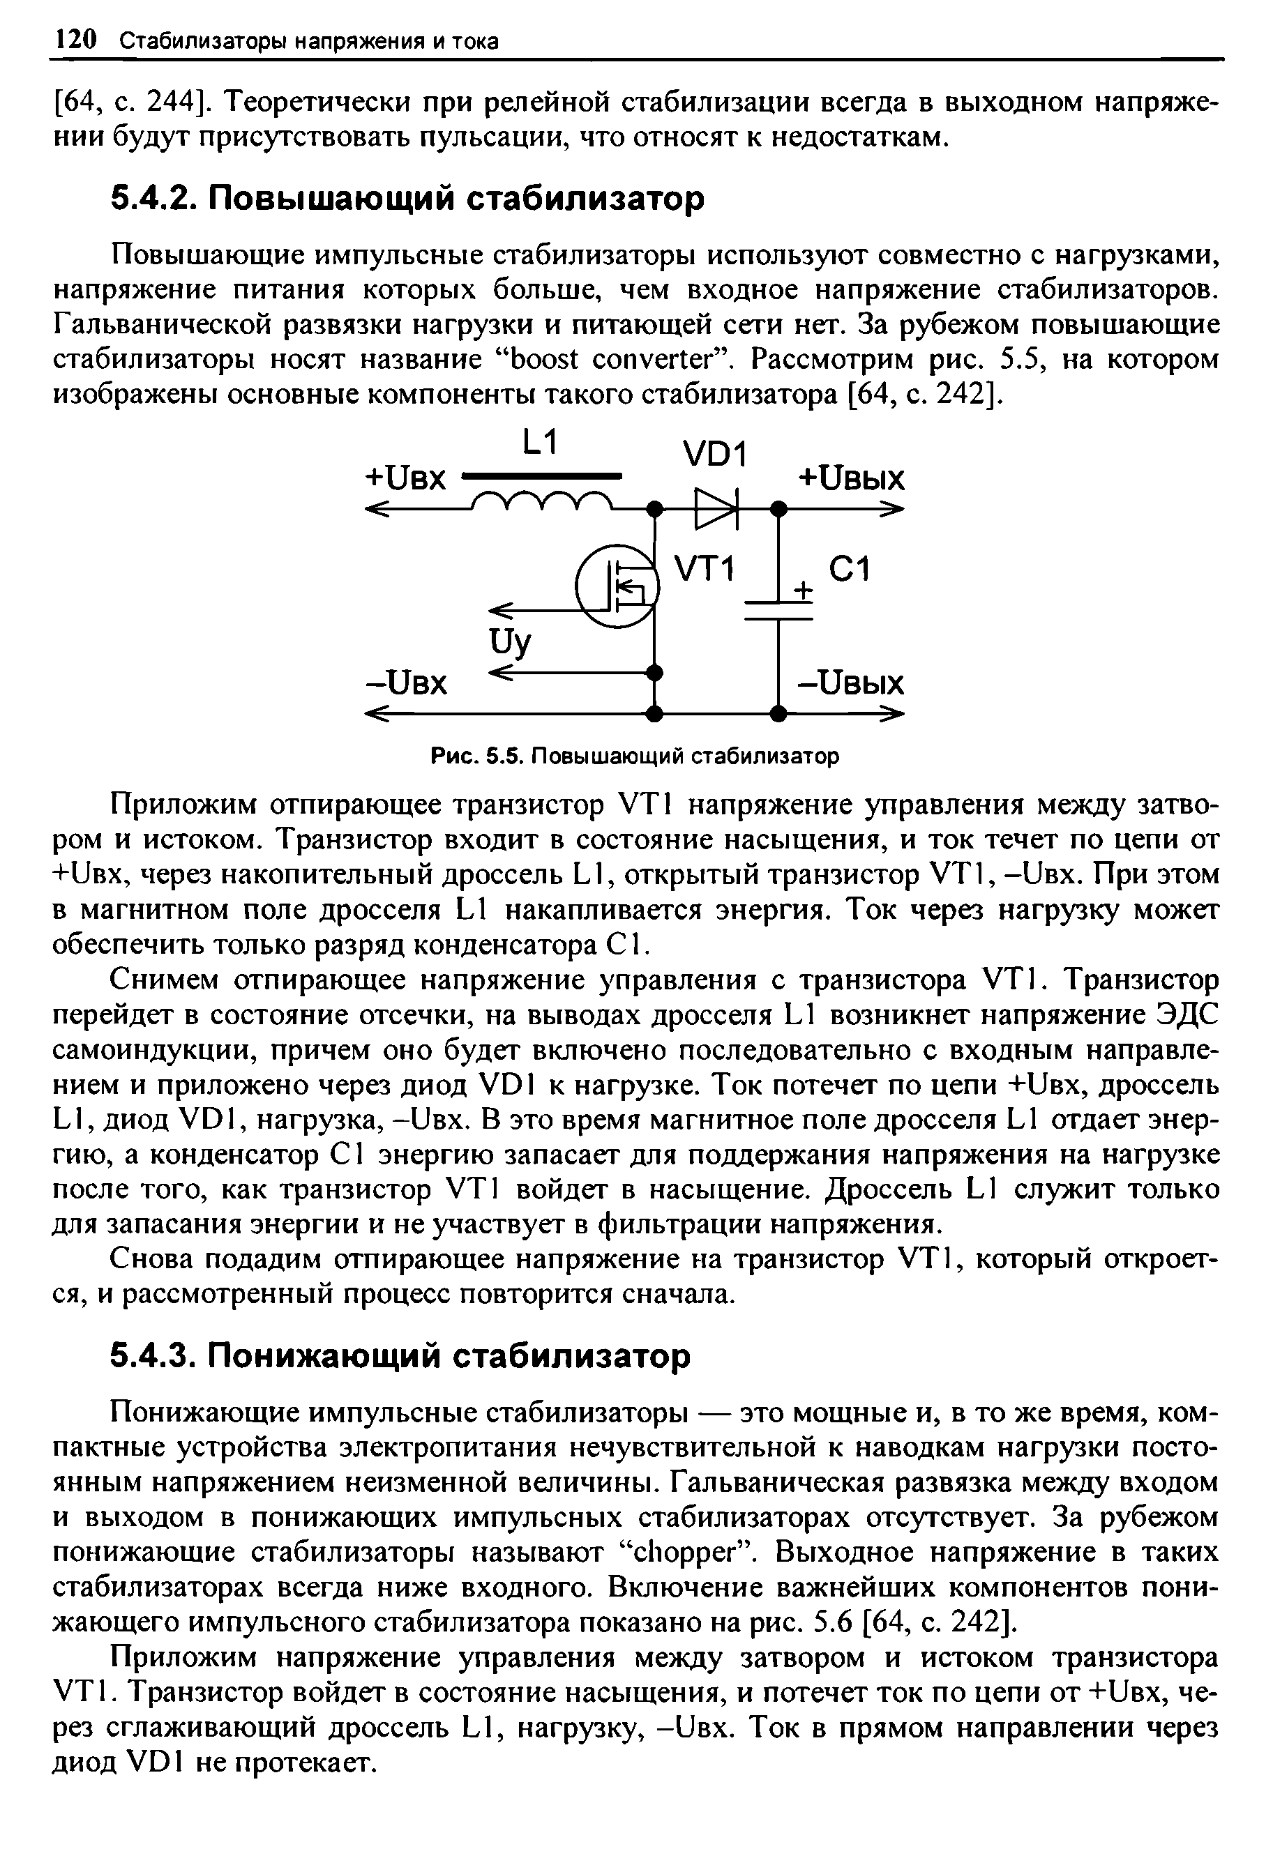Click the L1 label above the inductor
click(538, 443)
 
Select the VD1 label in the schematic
click(714, 457)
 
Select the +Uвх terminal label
click(405, 479)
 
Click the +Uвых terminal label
click(851, 479)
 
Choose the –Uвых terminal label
click(851, 684)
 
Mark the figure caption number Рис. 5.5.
click(479, 756)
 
